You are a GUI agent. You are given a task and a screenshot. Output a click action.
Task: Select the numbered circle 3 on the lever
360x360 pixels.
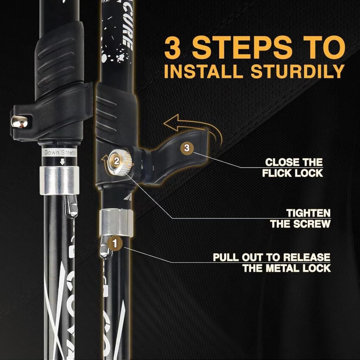(x=187, y=148)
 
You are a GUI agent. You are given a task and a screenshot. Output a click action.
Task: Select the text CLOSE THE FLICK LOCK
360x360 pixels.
(x=294, y=168)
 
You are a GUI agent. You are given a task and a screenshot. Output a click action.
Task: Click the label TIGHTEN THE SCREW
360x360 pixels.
(x=300, y=218)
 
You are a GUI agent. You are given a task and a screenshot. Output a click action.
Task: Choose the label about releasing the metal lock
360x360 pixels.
(x=271, y=262)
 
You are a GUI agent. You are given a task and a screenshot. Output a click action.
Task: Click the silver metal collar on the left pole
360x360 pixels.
(x=59, y=180)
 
